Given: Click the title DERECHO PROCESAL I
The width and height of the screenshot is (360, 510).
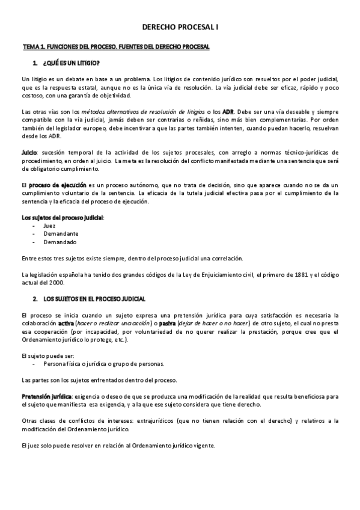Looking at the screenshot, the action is (180, 28).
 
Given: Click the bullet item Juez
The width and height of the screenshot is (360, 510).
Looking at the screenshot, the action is (49, 226).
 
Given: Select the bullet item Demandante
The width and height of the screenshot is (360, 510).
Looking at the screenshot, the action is (60, 234).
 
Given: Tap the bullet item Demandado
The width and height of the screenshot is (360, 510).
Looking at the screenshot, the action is (59, 242).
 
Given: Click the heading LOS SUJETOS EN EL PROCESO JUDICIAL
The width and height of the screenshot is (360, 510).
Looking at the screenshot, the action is (94, 299).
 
